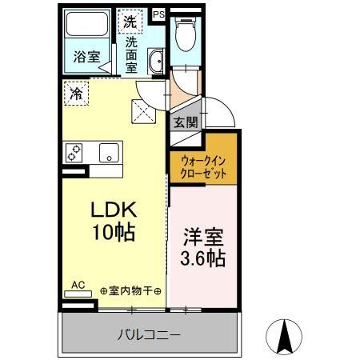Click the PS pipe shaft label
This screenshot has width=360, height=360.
(158, 14)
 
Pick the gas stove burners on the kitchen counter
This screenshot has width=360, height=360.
(75, 152)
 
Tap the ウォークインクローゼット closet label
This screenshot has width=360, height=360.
(202, 166)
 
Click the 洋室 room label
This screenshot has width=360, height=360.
(202, 237)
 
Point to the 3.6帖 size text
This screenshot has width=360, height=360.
(202, 259)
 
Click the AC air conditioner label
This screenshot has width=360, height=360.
(78, 284)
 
